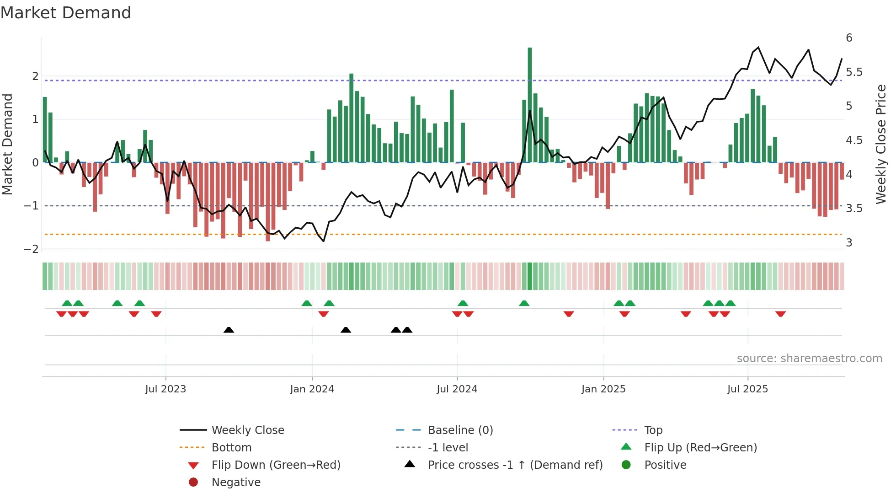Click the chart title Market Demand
[x=66, y=13]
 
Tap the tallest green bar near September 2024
[x=529, y=105]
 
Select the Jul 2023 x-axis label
[x=165, y=389]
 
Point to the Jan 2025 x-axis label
[x=603, y=389]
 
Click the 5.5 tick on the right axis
[x=854, y=72]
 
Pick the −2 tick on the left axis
[x=32, y=249]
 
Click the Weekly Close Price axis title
[x=880, y=144]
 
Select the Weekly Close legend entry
[x=248, y=430]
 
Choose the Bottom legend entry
[x=231, y=448]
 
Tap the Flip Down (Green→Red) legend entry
[x=276, y=465]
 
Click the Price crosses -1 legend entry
[x=515, y=465]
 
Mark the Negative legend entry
[x=236, y=483]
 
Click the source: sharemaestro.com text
[x=809, y=359]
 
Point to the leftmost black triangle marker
[x=229, y=330]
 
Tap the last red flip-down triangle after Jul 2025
[x=780, y=314]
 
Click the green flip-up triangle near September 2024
[x=524, y=303]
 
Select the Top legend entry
[x=653, y=430]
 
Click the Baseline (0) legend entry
[x=460, y=430]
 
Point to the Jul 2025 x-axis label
[x=747, y=389]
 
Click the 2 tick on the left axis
[x=35, y=76]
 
